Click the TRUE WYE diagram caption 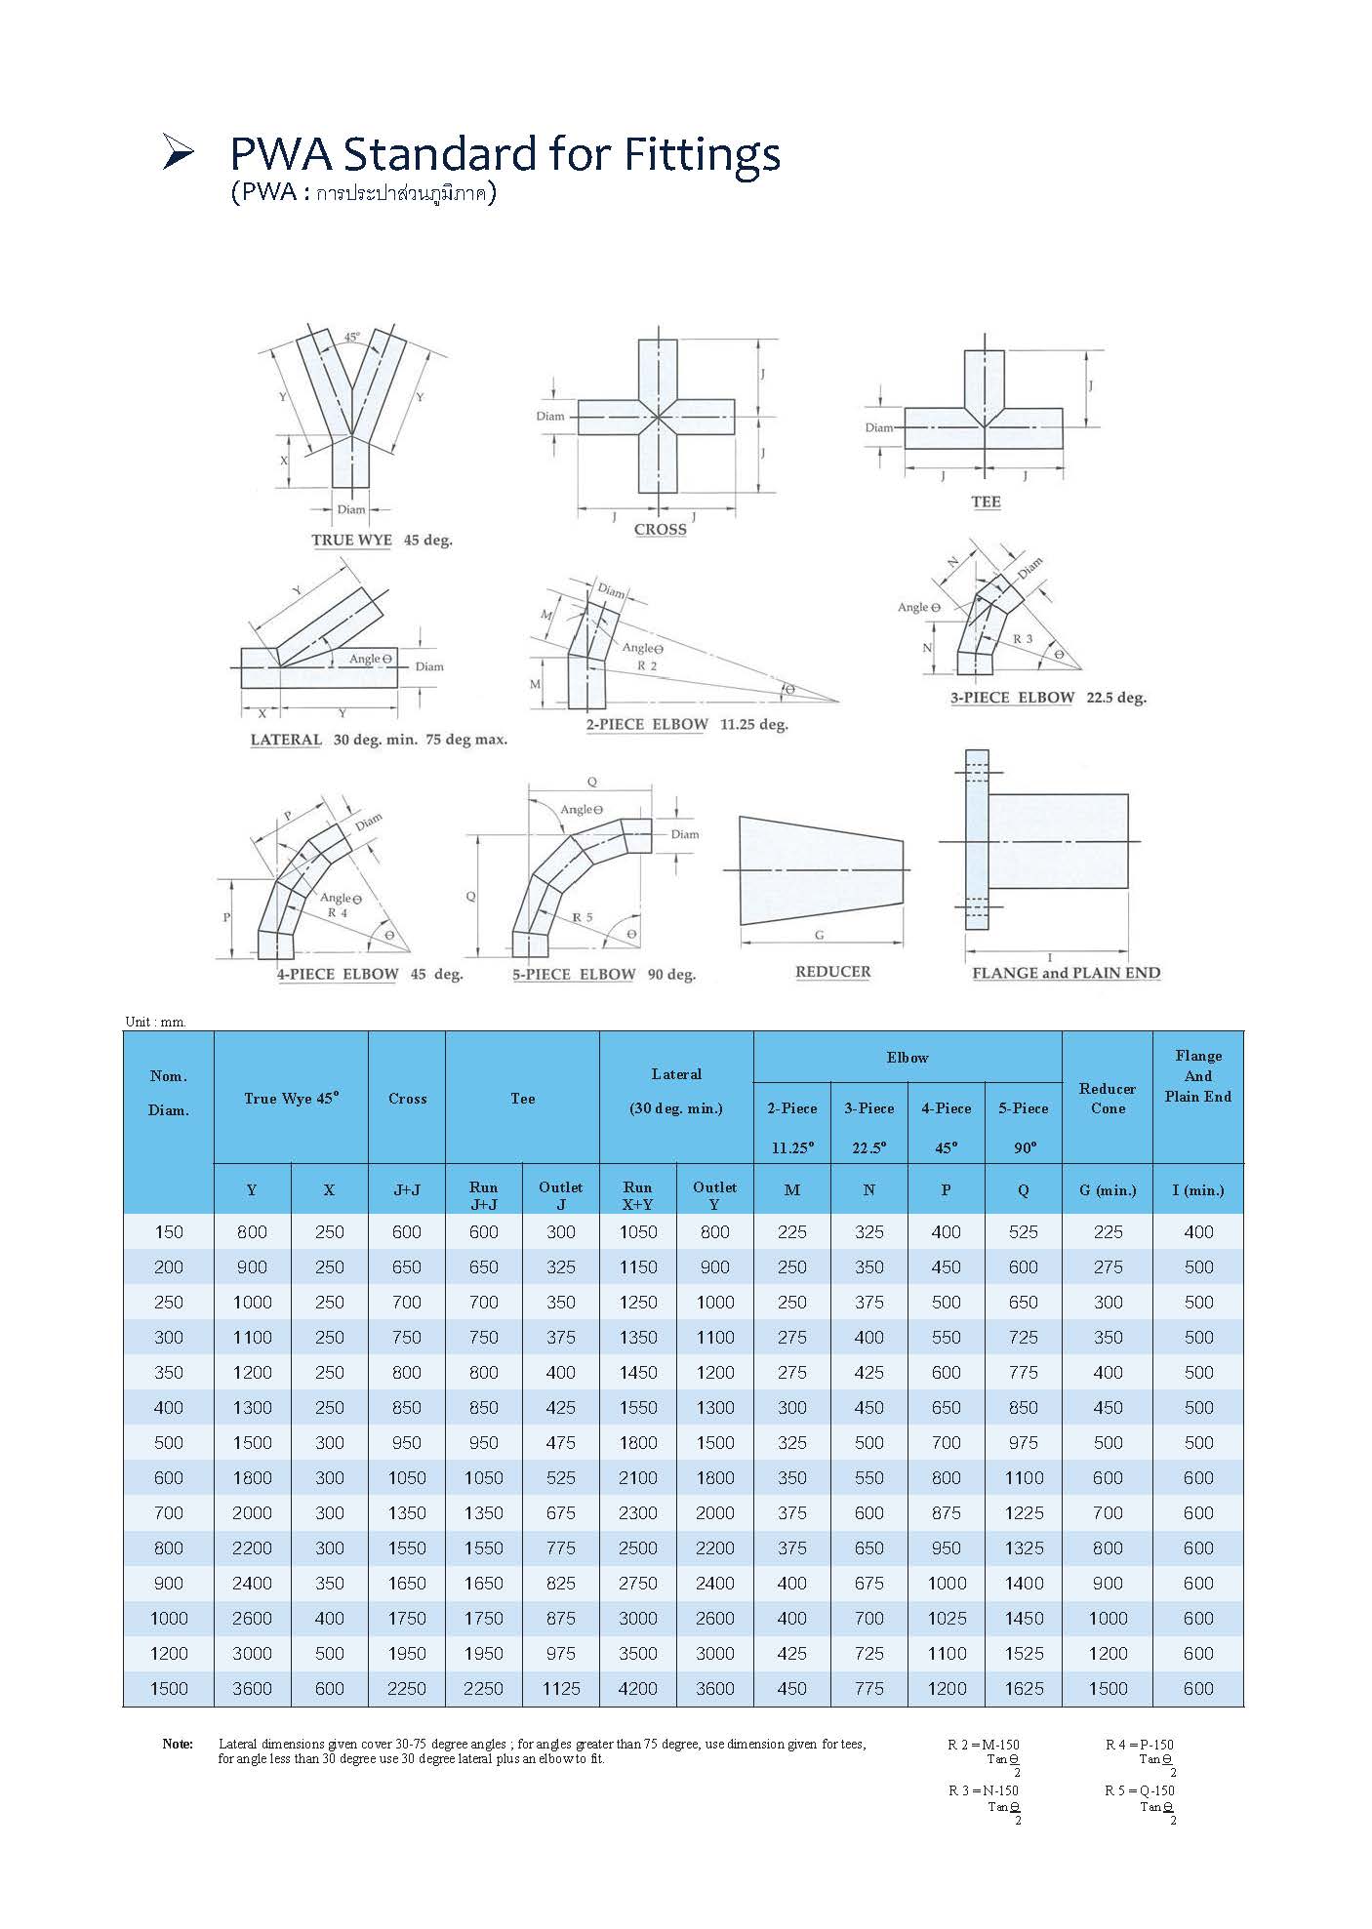click(x=351, y=540)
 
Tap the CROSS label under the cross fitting click(x=660, y=529)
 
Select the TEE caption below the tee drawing click(x=986, y=502)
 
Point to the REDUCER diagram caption click(x=832, y=972)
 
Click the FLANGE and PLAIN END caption click(x=1066, y=973)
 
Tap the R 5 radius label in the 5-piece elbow click(x=583, y=917)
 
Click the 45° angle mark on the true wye click(x=351, y=337)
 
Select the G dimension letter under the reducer click(x=819, y=935)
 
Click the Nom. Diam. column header click(x=168, y=1093)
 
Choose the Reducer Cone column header click(x=1108, y=1098)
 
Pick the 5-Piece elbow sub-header click(x=1023, y=1108)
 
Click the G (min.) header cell click(x=1108, y=1190)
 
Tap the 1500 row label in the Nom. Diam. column click(x=168, y=1689)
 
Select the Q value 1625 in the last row click(x=1024, y=1689)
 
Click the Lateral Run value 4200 click(x=637, y=1689)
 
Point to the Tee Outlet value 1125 click(x=561, y=1689)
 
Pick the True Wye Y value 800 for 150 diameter click(x=252, y=1232)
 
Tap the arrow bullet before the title click(x=178, y=153)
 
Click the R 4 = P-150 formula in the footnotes click(x=1139, y=1745)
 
